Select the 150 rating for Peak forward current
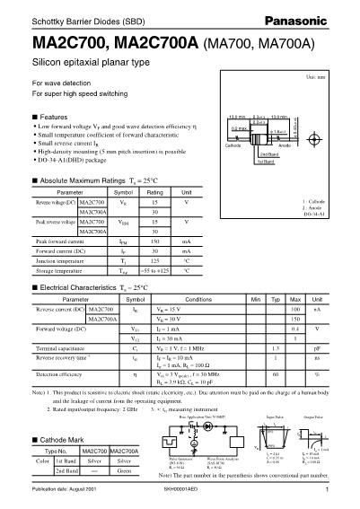pyautogui.click(x=154, y=241)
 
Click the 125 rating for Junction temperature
pyautogui.click(x=154, y=259)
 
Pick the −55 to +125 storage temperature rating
pyautogui.click(x=154, y=269)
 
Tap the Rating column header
pyautogui.click(x=154, y=193)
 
